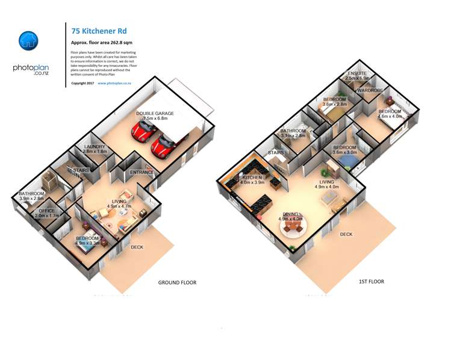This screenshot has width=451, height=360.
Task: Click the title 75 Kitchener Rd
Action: [99, 31]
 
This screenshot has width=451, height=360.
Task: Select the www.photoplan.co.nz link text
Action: [114, 83]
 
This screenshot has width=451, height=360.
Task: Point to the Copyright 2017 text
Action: [82, 83]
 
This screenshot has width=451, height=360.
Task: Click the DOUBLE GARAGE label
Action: [155, 113]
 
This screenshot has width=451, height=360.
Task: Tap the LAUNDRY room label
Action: [95, 146]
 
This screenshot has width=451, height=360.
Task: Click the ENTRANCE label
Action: [142, 173]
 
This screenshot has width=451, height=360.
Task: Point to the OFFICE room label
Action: [46, 211]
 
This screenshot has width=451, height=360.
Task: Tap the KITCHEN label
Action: [252, 178]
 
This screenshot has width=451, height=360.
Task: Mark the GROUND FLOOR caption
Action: [177, 282]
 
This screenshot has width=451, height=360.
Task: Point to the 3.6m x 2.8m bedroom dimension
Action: [334, 105]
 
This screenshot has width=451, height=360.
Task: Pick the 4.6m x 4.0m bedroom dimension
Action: [390, 116]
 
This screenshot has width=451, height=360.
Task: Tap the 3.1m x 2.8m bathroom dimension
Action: [293, 136]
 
